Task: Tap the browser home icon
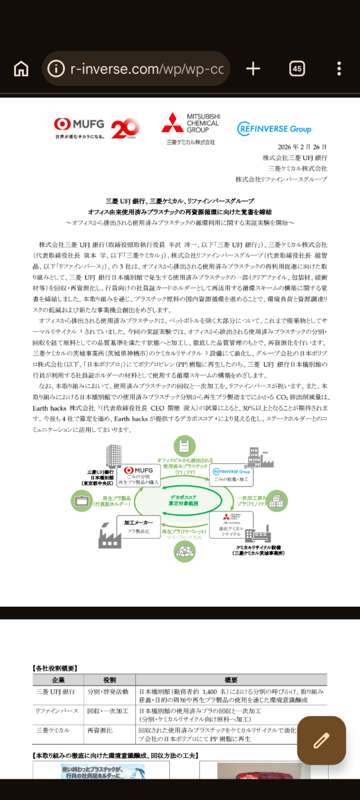(21, 69)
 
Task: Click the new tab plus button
(253, 69)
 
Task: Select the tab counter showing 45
(297, 69)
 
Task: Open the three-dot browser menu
(339, 69)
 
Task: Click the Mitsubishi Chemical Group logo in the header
(191, 128)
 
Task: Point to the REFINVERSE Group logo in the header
(274, 128)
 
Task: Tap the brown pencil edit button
(321, 740)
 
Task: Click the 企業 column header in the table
(58, 679)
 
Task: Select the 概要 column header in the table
(231, 679)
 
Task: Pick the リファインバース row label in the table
(57, 711)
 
